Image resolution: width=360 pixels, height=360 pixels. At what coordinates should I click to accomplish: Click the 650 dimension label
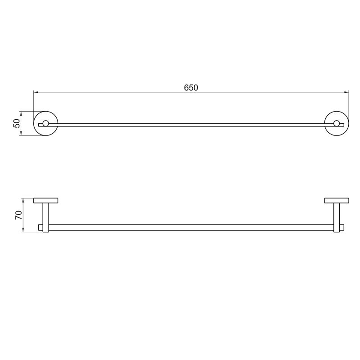pos(191,88)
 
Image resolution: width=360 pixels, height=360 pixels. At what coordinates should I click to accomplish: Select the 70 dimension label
pos(18,215)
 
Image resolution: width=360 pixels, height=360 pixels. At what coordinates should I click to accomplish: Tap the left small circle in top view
pos(45,123)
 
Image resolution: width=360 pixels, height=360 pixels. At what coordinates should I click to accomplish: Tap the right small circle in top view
pos(337,123)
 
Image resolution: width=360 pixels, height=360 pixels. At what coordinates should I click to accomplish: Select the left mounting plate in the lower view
pos(46,200)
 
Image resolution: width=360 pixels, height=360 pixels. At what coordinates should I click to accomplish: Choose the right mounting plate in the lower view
pos(337,200)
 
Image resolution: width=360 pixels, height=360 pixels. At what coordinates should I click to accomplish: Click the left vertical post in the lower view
pos(46,218)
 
